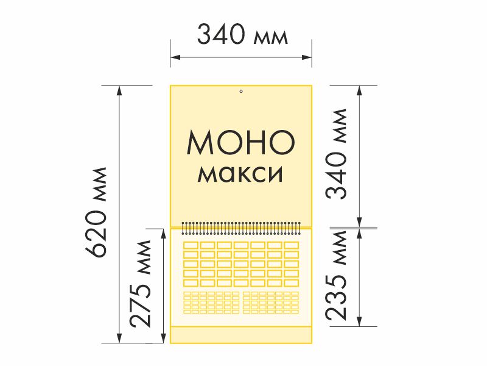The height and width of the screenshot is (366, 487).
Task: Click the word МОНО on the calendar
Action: point(241,143)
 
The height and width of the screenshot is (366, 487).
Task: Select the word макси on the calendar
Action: point(241,174)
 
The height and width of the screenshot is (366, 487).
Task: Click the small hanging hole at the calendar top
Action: point(241,91)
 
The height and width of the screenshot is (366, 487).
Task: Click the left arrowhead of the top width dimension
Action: point(174,57)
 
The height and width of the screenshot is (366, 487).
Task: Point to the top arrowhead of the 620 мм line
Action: point(120,90)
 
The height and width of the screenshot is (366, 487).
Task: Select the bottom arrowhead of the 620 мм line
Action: point(120,339)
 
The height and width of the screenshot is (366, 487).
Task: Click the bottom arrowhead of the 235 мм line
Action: point(360,321)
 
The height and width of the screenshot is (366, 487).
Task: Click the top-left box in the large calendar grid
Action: point(191,245)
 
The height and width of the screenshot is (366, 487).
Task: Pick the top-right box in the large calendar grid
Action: point(291,245)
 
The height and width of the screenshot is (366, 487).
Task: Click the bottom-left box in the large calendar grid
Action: point(191,282)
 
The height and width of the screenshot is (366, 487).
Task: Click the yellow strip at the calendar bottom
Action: point(241,335)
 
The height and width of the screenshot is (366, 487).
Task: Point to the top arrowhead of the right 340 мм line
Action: point(360,90)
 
